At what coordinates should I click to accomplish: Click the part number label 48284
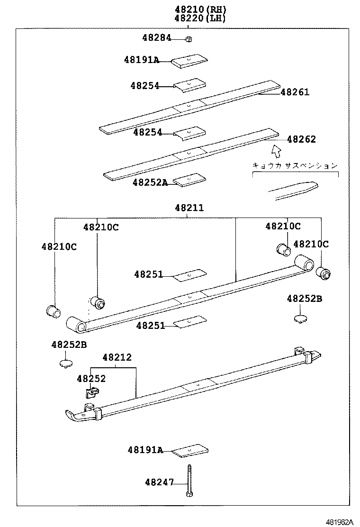coord(156,38)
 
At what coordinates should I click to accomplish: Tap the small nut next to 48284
coord(188,39)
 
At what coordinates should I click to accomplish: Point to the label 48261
coord(295,92)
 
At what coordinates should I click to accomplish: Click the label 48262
coord(301,139)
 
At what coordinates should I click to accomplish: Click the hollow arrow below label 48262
coord(276,151)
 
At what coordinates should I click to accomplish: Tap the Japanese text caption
coord(295,165)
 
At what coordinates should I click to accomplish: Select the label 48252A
coord(150,182)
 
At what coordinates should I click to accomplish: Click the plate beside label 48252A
coord(190,180)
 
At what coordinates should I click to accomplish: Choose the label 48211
coord(189,208)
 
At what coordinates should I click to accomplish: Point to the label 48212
coord(117,358)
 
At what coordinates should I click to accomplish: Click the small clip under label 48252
coord(93,392)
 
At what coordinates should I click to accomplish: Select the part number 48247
coord(159,482)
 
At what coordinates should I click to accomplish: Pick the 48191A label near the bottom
coord(144,450)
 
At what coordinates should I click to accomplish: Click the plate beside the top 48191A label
coord(190,61)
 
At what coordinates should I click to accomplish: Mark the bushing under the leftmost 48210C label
coord(53,311)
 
